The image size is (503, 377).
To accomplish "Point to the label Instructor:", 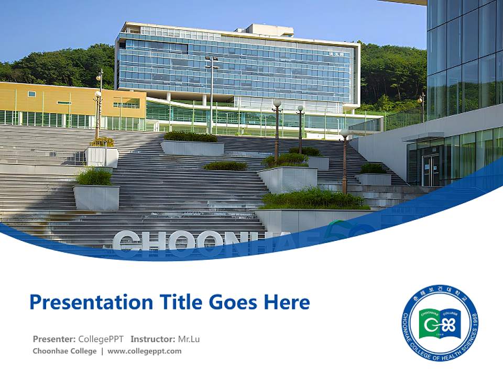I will click(x=152, y=339).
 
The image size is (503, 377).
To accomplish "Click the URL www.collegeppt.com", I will click(x=145, y=351).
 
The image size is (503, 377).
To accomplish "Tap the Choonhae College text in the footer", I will click(x=64, y=351).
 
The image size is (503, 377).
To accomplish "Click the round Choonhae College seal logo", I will click(x=440, y=323).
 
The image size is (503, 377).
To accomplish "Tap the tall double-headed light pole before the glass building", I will click(x=212, y=94).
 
